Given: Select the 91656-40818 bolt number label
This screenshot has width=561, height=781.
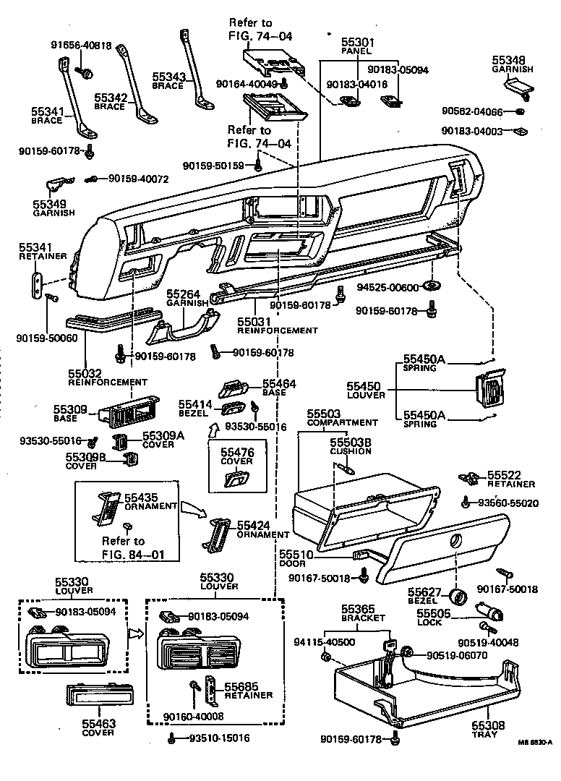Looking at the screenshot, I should (x=81, y=46).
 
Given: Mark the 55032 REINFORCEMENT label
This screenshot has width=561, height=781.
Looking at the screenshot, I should (x=108, y=377).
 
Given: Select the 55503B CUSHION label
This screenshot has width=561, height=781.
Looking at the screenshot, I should (x=350, y=446).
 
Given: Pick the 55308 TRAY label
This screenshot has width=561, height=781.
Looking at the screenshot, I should (x=489, y=729).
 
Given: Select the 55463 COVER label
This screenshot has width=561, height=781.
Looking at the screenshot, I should (x=98, y=727).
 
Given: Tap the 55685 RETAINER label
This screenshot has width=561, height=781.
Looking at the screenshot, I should (x=247, y=690).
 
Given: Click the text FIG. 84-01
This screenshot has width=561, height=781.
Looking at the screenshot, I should (x=123, y=555).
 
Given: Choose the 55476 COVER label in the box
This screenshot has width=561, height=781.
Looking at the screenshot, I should (x=237, y=456).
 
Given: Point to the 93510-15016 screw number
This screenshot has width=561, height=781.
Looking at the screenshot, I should (x=219, y=738).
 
